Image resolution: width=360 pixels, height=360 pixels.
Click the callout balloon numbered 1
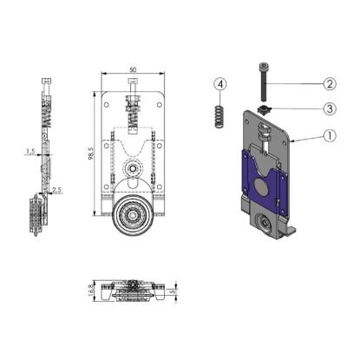pyautogui.click(x=330, y=136)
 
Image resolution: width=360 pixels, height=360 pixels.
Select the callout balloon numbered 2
pyautogui.click(x=330, y=84)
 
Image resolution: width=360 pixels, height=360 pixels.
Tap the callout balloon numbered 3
pyautogui.click(x=330, y=109)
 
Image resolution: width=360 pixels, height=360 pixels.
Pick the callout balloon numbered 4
pyautogui.click(x=220, y=84)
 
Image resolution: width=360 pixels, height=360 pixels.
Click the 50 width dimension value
pyautogui.click(x=133, y=69)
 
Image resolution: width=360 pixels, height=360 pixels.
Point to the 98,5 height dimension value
pyautogui.click(x=91, y=154)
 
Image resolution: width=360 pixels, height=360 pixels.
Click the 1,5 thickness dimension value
pyautogui.click(x=30, y=151)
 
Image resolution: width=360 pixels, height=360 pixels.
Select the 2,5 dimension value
pyautogui.click(x=57, y=190)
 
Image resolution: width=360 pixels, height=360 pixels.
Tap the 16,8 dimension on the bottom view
pyautogui.click(x=91, y=291)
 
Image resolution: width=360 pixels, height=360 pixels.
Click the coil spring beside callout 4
pyautogui.click(x=220, y=116)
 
